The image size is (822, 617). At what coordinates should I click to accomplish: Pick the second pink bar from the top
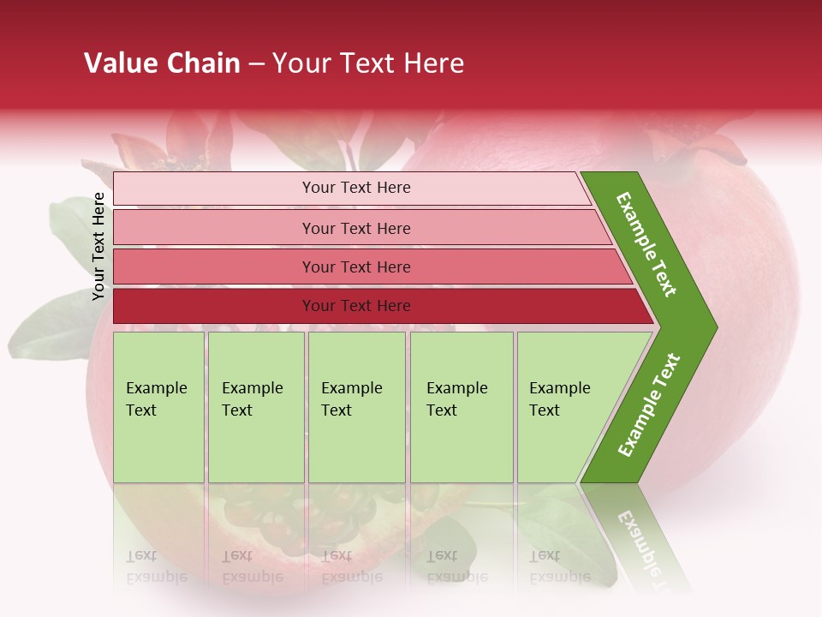pos(355,228)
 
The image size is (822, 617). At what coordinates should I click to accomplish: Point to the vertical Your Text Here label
pos(98,246)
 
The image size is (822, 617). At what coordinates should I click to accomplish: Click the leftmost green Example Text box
pos(158,407)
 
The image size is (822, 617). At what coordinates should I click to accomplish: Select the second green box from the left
pos(255,407)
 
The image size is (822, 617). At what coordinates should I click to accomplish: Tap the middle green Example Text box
pos(356,407)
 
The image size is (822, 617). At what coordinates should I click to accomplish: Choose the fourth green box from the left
pos(462,407)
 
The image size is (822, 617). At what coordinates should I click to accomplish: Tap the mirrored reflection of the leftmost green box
pos(158,540)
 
